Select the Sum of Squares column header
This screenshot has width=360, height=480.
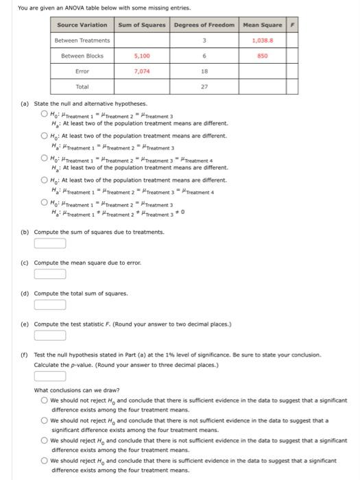(x=142, y=25)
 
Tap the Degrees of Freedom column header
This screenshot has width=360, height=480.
(x=204, y=25)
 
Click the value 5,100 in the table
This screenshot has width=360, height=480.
(x=142, y=56)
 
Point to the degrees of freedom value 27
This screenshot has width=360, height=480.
(x=204, y=87)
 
